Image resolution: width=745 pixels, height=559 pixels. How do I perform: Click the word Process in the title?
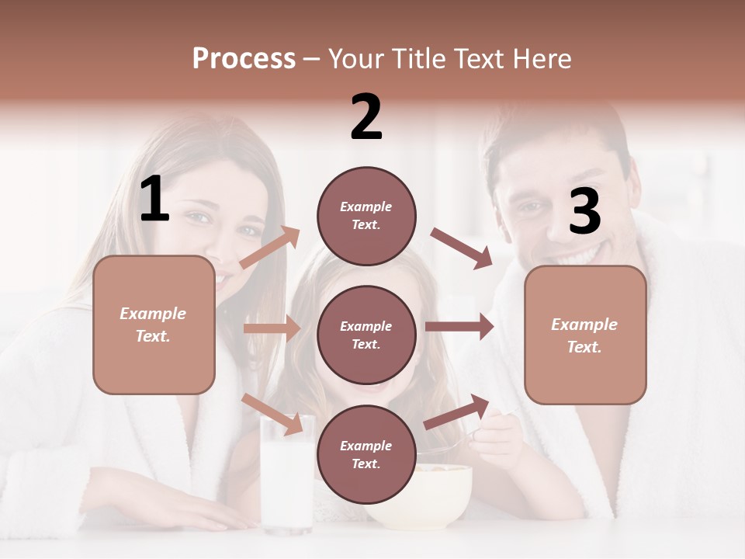[x=244, y=58]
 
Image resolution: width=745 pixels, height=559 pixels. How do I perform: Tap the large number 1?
[x=154, y=200]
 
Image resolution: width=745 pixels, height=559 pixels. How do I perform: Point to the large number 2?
[x=366, y=117]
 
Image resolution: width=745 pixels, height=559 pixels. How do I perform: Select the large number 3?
[x=584, y=212]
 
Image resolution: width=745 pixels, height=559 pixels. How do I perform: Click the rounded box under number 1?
[x=154, y=325]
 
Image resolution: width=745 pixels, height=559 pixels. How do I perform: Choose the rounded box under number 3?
[x=585, y=335]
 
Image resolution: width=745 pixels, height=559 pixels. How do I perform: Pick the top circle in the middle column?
[x=366, y=216]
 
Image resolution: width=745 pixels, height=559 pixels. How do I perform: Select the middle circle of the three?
[x=366, y=335]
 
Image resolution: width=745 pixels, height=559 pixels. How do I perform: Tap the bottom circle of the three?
[x=366, y=454]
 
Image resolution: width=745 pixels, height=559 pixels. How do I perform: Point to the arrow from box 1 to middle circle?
[x=272, y=328]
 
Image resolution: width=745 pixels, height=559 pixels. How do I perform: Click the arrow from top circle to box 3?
[x=461, y=248]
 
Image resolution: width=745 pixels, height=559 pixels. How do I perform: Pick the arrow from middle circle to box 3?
[x=459, y=326]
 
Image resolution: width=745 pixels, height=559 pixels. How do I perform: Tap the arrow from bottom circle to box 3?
[x=457, y=411]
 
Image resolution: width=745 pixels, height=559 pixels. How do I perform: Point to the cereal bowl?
[x=435, y=497]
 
